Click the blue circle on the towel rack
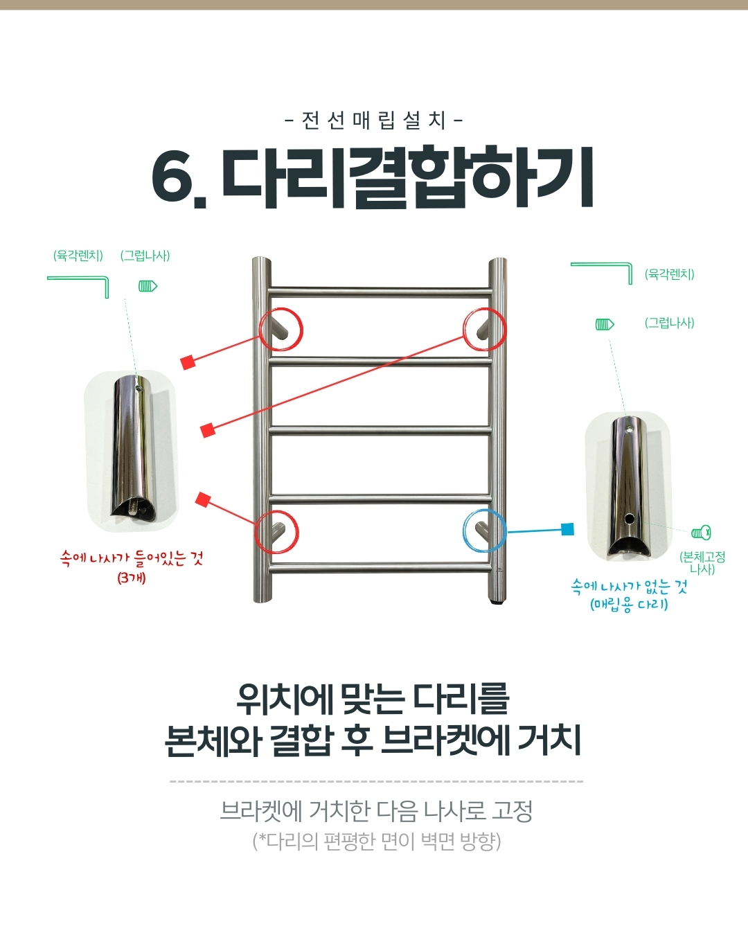click(463, 531)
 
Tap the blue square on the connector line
click(568, 529)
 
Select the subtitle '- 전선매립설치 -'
click(374, 121)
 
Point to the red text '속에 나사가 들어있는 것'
click(132, 558)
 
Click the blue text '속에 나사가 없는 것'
click(630, 587)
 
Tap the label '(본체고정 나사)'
click(702, 562)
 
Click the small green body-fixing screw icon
click(701, 533)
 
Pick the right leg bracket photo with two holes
click(628, 486)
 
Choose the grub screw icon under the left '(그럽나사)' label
click(148, 286)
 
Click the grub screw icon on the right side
click(605, 324)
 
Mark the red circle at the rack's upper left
click(260, 329)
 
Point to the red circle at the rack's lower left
click(255, 531)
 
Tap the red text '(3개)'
click(132, 578)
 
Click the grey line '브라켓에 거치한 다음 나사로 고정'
click(376, 811)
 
